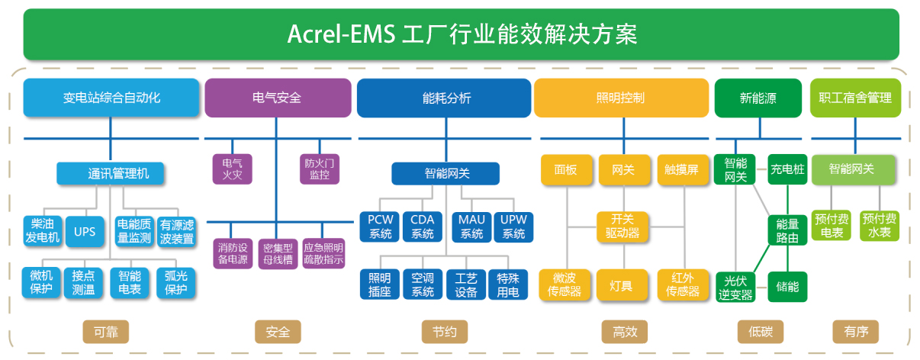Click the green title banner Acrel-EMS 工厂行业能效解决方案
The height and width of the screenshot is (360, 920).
tap(461, 34)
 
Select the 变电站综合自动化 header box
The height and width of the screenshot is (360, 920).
tap(111, 98)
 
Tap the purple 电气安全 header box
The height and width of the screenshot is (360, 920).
tap(277, 98)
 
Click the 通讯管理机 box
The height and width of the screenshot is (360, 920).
tap(112, 174)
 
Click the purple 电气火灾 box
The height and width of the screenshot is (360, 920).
tap(232, 169)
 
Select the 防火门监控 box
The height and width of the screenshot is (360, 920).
tap(320, 169)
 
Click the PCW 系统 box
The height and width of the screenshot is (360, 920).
tap(380, 227)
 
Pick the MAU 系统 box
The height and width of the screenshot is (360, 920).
tap(471, 227)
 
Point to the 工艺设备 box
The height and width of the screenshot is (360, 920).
tap(465, 284)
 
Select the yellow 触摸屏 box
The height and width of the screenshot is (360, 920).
tap(681, 170)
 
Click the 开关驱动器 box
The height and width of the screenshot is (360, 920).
tap(622, 227)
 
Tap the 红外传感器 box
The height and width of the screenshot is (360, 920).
tap(682, 284)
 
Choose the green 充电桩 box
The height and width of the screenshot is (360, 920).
tap(787, 169)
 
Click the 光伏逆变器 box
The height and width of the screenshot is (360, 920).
tap(735, 287)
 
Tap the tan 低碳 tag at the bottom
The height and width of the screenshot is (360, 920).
tap(760, 332)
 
